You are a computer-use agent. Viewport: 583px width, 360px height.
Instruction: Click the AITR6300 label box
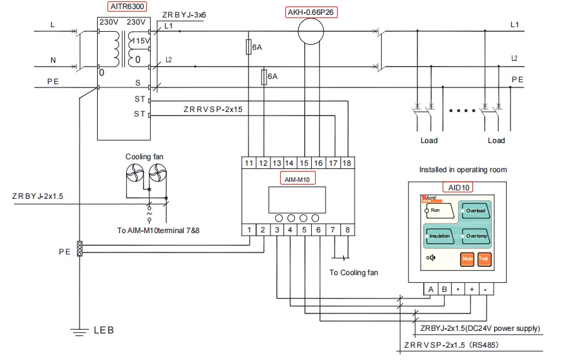pyautogui.click(x=127, y=6)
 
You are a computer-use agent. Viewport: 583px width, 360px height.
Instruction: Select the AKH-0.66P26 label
pyautogui.click(x=311, y=12)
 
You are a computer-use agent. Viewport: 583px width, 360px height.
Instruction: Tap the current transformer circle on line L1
pyautogui.click(x=311, y=31)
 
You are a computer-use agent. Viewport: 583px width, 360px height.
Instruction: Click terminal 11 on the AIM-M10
pyautogui.click(x=248, y=163)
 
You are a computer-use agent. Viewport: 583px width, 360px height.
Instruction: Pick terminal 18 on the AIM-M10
pyautogui.click(x=347, y=163)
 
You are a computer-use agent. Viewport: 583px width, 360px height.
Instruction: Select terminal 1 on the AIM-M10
pyautogui.click(x=248, y=230)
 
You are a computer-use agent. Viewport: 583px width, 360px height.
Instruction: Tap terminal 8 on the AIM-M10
pyautogui.click(x=347, y=230)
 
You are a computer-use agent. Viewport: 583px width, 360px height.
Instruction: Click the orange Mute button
pyautogui.click(x=467, y=259)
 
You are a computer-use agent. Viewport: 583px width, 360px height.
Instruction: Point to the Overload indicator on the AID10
pyautogui.click(x=475, y=211)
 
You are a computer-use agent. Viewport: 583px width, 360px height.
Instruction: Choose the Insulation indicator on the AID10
pyautogui.click(x=439, y=236)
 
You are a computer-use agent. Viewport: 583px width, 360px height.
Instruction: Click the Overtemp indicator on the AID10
pyautogui.click(x=476, y=236)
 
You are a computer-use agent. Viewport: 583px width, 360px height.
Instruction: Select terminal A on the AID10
pyautogui.click(x=431, y=289)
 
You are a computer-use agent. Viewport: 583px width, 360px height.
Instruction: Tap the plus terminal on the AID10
pyautogui.click(x=472, y=289)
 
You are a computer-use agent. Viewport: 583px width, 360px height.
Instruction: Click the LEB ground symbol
pyautogui.click(x=79, y=332)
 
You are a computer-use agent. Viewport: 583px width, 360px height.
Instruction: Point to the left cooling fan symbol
pyautogui.click(x=135, y=173)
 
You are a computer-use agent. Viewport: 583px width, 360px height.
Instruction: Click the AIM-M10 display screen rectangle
pyautogui.click(x=297, y=199)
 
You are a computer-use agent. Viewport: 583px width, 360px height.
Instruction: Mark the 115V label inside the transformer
pyautogui.click(x=141, y=41)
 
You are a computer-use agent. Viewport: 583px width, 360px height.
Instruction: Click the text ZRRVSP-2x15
pyautogui.click(x=213, y=109)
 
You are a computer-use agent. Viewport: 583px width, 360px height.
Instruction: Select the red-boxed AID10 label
pyautogui.click(x=458, y=187)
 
